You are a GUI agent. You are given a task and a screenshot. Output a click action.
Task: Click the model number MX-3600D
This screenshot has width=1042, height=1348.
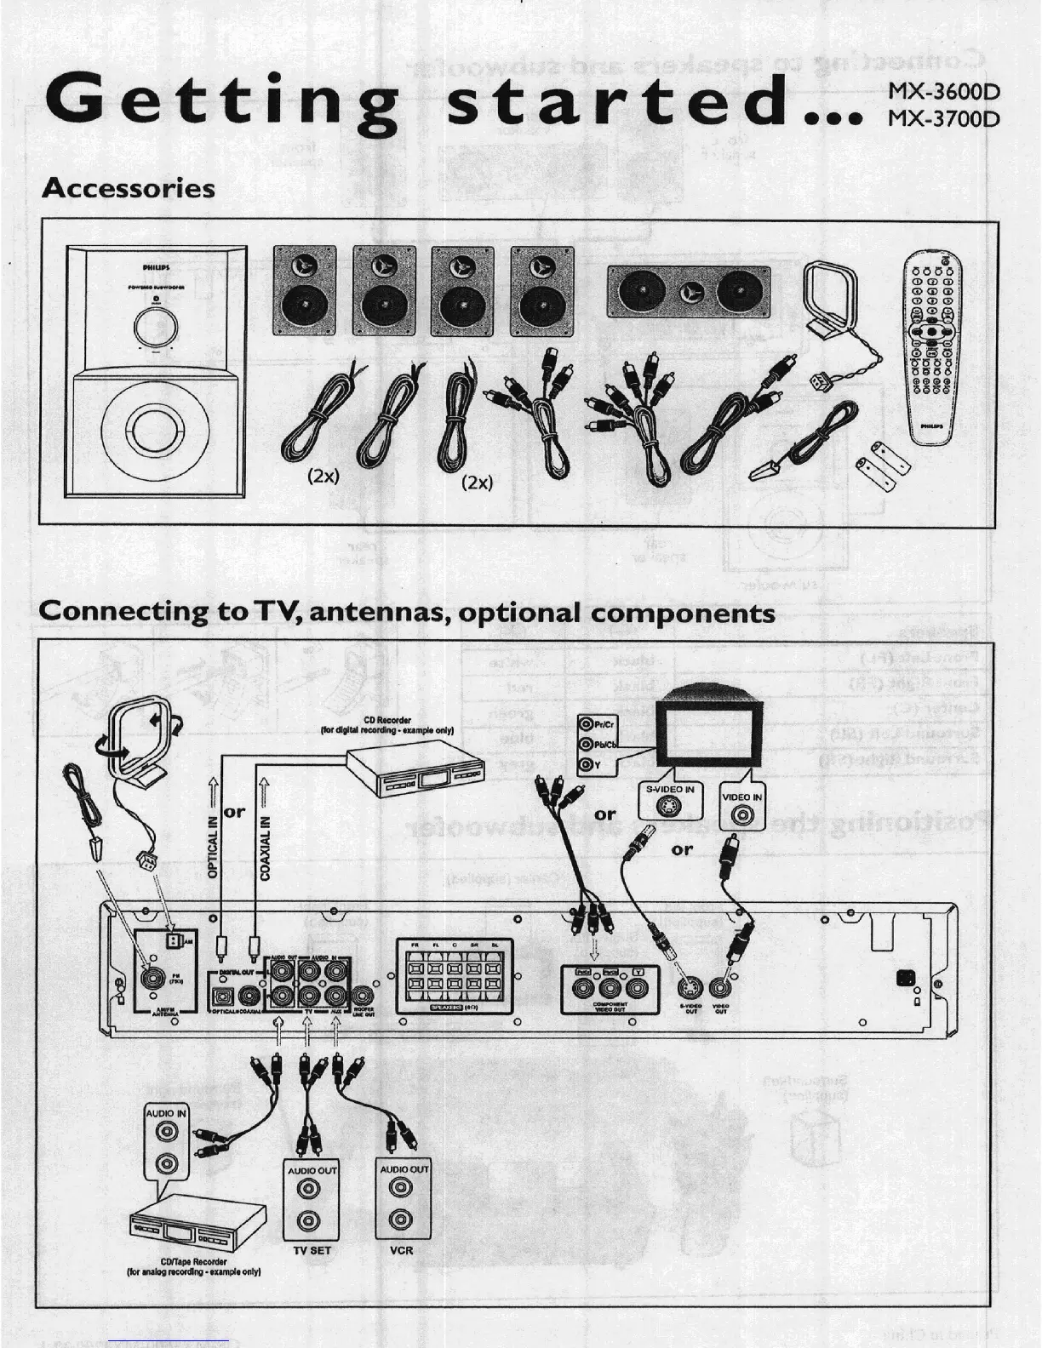coord(942,92)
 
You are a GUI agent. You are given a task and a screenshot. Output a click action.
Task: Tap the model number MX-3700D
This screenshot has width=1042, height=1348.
coord(942,117)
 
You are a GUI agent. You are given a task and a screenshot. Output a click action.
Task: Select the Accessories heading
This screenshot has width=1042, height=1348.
coord(128,187)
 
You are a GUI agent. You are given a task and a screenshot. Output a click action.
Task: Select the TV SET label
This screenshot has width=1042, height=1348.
coord(312,1250)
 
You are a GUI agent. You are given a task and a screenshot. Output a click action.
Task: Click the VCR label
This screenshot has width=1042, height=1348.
coord(401,1250)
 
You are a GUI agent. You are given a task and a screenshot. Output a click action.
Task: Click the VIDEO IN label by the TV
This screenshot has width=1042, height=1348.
coord(741,797)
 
